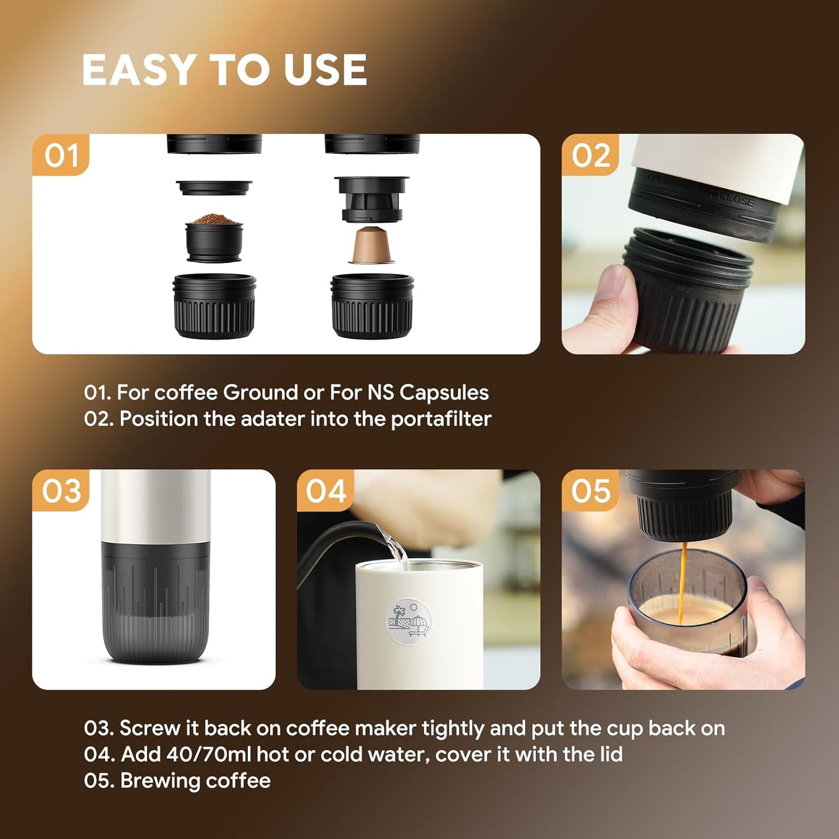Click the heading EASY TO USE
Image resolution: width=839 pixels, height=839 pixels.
tap(224, 70)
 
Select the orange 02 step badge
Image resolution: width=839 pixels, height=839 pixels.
tap(590, 155)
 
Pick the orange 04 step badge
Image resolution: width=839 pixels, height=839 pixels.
tap(326, 491)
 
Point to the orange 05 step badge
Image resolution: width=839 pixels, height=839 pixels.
tap(590, 491)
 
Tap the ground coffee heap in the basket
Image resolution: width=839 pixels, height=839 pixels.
tap(214, 220)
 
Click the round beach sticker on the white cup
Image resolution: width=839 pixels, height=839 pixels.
tap(409, 621)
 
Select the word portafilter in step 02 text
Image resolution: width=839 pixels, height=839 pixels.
tap(441, 419)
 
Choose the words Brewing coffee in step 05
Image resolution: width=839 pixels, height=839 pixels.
tap(195, 780)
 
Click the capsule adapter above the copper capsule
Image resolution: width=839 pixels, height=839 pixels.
tap(372, 199)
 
